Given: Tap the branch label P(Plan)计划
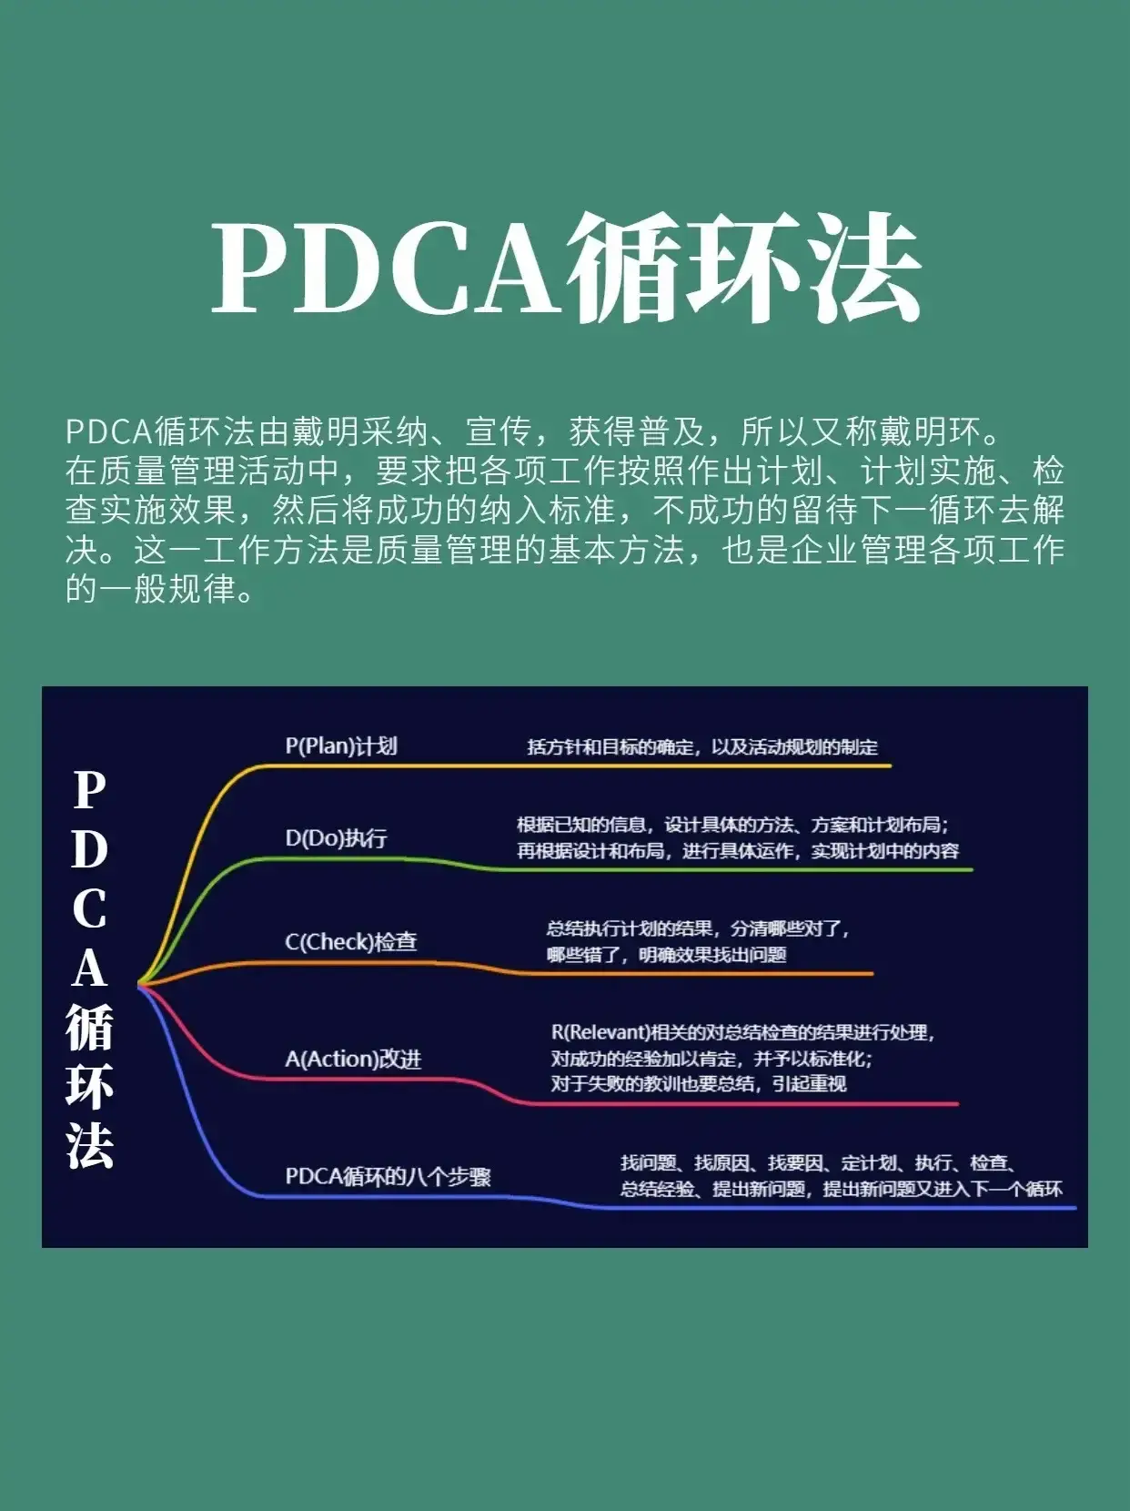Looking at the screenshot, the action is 341,746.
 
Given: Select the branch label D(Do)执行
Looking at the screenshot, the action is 337,837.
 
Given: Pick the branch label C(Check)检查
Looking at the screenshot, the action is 351,942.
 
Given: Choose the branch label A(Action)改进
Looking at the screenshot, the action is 353,1059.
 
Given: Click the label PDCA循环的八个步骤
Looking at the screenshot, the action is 388,1176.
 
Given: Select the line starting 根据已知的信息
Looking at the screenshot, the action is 733,825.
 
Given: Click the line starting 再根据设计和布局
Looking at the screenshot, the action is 737,851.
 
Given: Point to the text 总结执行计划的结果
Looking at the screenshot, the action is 630,928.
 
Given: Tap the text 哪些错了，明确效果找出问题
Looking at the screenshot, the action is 667,955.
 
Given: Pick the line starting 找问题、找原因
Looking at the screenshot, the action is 819,1162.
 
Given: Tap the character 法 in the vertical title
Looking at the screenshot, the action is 89,1145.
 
